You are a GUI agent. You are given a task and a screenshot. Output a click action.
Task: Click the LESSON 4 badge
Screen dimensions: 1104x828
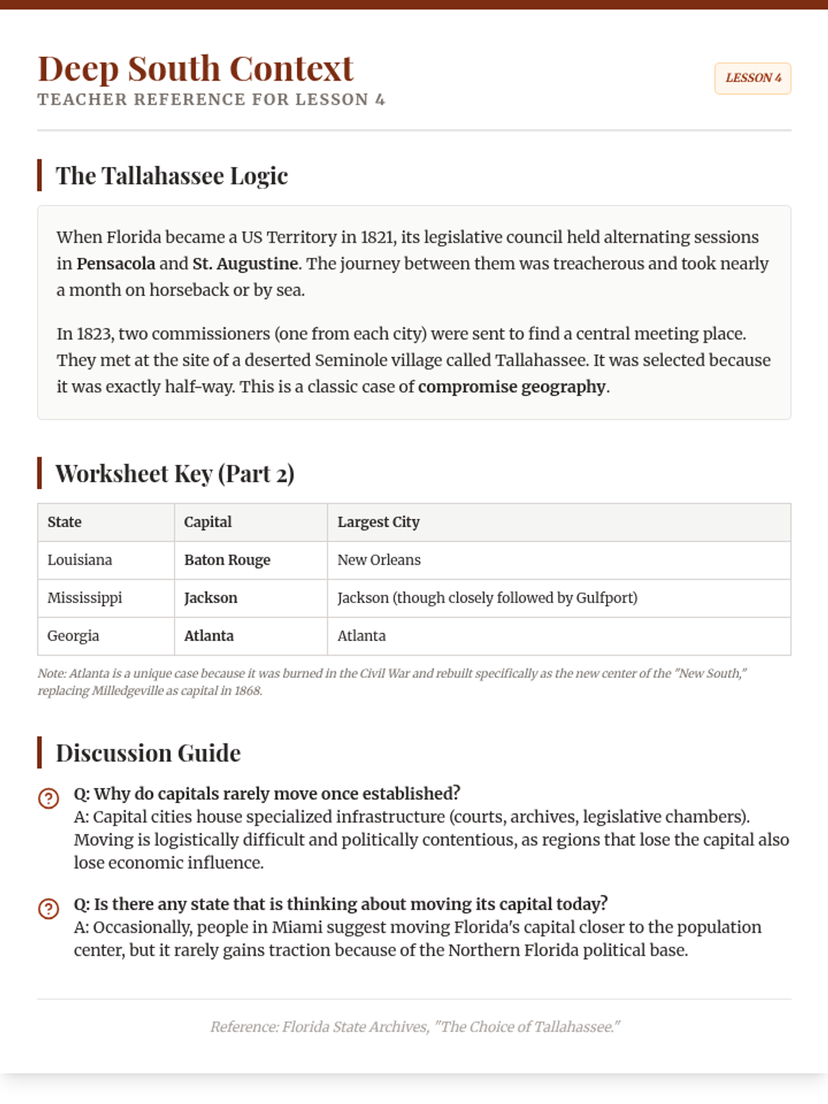click(x=753, y=78)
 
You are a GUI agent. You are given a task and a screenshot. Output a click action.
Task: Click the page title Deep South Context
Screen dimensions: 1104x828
click(x=195, y=69)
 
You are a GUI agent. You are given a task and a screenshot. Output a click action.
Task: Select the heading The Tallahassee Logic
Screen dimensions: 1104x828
click(x=172, y=176)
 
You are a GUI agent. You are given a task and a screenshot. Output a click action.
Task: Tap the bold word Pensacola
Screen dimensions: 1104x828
click(x=116, y=264)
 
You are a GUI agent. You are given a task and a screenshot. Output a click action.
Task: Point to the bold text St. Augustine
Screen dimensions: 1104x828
click(x=245, y=264)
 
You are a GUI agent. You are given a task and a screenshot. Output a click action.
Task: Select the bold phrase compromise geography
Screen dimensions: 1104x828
click(x=512, y=386)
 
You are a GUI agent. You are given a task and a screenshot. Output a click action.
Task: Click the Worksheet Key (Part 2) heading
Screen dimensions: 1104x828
click(x=175, y=474)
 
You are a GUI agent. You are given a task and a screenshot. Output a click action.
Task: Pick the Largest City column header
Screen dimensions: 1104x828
click(x=378, y=522)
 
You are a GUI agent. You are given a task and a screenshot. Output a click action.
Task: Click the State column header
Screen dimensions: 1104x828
click(x=64, y=522)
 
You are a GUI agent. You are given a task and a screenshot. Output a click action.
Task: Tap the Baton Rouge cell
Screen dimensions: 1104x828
click(x=227, y=560)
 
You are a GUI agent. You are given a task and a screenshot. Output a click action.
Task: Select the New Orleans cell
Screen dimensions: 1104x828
click(x=379, y=560)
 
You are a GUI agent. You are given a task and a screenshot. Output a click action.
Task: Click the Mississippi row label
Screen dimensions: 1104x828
click(x=84, y=598)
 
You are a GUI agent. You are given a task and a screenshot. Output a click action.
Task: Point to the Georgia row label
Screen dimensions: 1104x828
click(x=73, y=636)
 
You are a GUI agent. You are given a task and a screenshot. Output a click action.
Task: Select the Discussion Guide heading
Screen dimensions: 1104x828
click(x=148, y=753)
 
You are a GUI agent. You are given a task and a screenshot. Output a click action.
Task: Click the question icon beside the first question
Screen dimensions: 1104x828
click(x=48, y=798)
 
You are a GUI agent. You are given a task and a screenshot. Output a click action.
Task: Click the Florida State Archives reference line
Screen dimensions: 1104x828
click(x=414, y=1027)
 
